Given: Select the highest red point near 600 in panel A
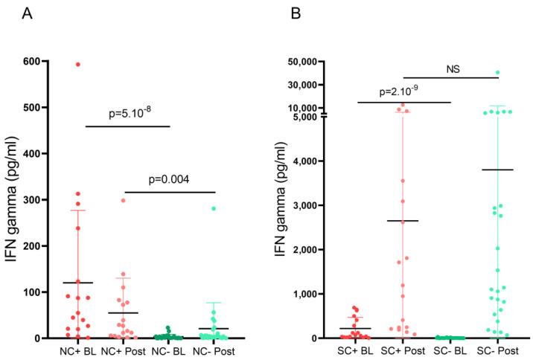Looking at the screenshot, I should pyautogui.click(x=78, y=65).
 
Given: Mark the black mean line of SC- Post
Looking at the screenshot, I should pyautogui.click(x=497, y=170).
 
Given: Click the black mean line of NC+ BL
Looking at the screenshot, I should pyautogui.click(x=78, y=283).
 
